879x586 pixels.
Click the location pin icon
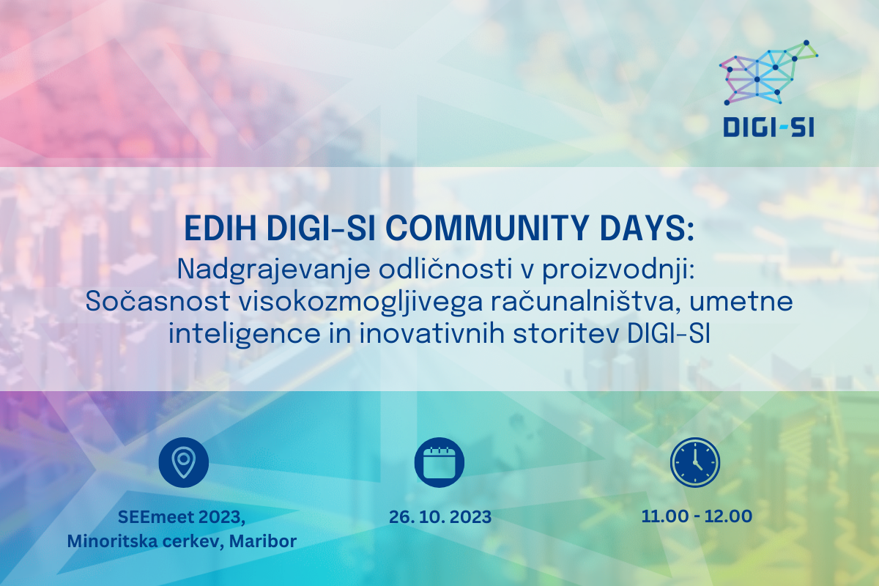(183, 462)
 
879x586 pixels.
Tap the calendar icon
(439, 462)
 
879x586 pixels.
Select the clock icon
(695, 462)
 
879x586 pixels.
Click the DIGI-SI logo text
(768, 128)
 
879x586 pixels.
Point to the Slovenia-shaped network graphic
(768, 73)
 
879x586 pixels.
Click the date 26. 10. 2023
(440, 517)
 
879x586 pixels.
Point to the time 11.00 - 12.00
(697, 516)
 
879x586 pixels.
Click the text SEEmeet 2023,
(182, 517)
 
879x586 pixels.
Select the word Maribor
(263, 541)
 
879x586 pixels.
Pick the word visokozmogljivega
(360, 303)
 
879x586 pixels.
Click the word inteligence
(245, 335)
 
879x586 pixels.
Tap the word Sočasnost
(157, 302)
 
